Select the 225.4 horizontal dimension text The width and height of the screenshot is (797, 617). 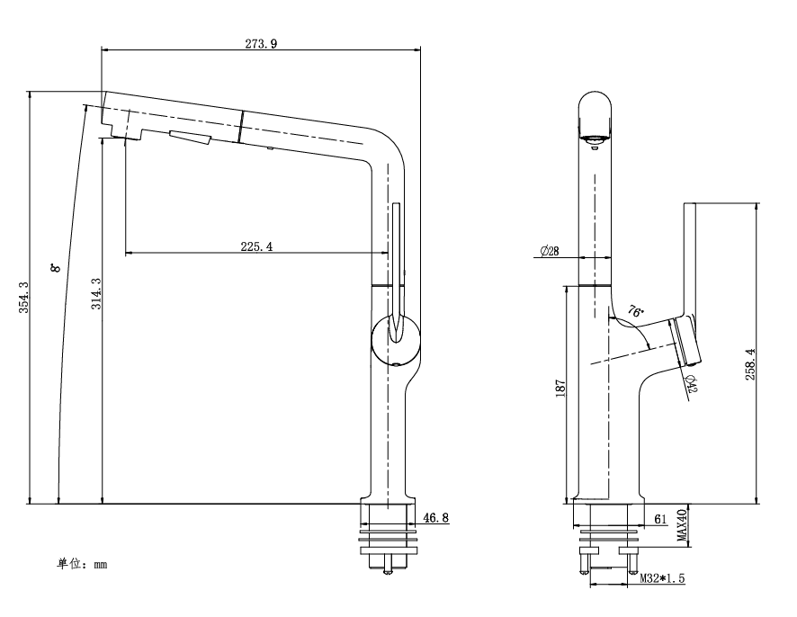(257, 246)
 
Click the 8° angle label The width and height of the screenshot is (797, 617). (56, 268)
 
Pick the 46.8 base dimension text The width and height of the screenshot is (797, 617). (435, 518)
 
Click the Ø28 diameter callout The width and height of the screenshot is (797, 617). (550, 252)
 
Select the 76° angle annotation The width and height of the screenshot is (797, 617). (635, 312)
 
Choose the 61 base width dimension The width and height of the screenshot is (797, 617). (660, 519)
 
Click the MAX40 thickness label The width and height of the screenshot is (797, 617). (682, 526)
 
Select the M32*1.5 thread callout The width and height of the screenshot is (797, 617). (662, 579)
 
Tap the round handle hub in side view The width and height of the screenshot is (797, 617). (395, 339)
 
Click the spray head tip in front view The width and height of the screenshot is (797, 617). (595, 138)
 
